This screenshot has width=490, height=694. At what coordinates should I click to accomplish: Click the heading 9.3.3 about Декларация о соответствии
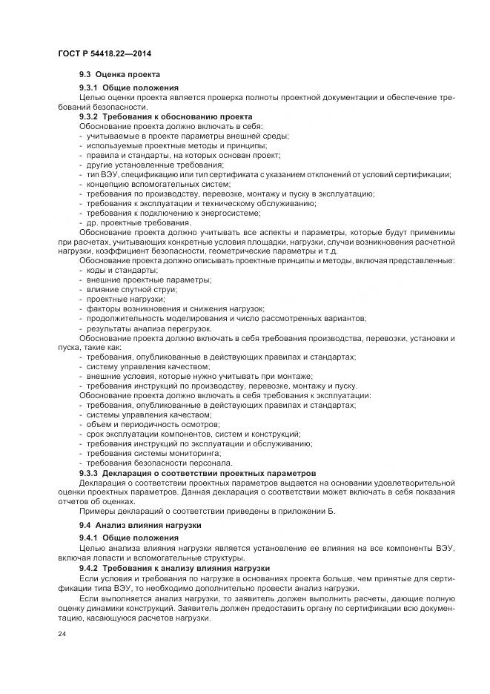tap(197, 472)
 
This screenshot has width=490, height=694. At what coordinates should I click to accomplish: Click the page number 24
tap(62, 635)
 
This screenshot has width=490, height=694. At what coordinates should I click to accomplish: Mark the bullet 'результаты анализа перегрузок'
tap(148, 328)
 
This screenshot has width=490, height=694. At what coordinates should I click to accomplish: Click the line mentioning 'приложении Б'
tap(207, 511)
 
